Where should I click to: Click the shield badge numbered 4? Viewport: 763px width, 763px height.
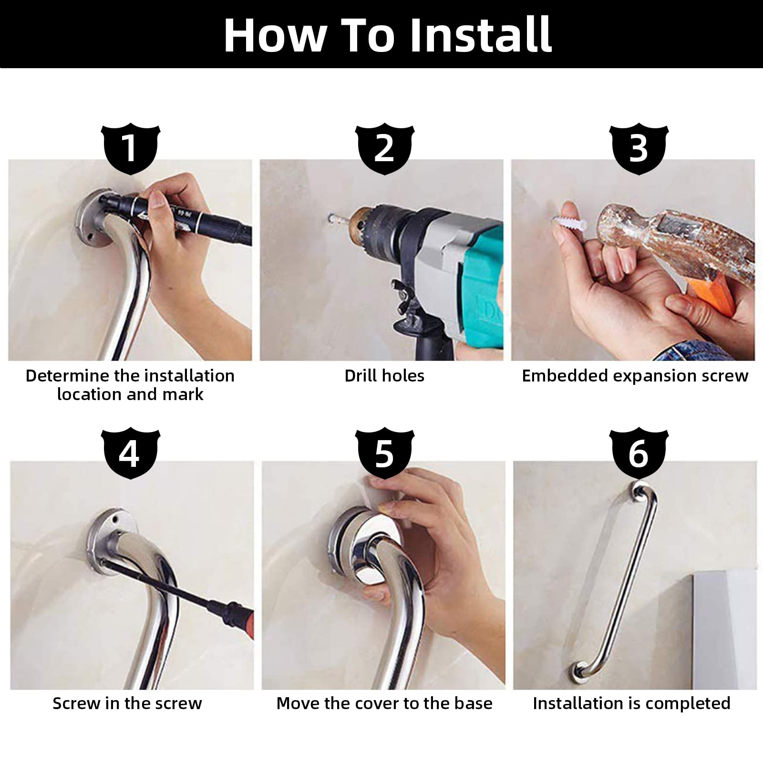[131, 454]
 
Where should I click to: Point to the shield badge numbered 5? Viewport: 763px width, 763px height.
[385, 454]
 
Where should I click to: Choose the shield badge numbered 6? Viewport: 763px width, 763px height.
[639, 454]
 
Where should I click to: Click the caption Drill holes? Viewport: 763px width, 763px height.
[384, 376]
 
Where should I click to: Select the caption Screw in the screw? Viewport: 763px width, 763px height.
[127, 703]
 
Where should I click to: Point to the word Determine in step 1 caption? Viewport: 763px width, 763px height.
[68, 376]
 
